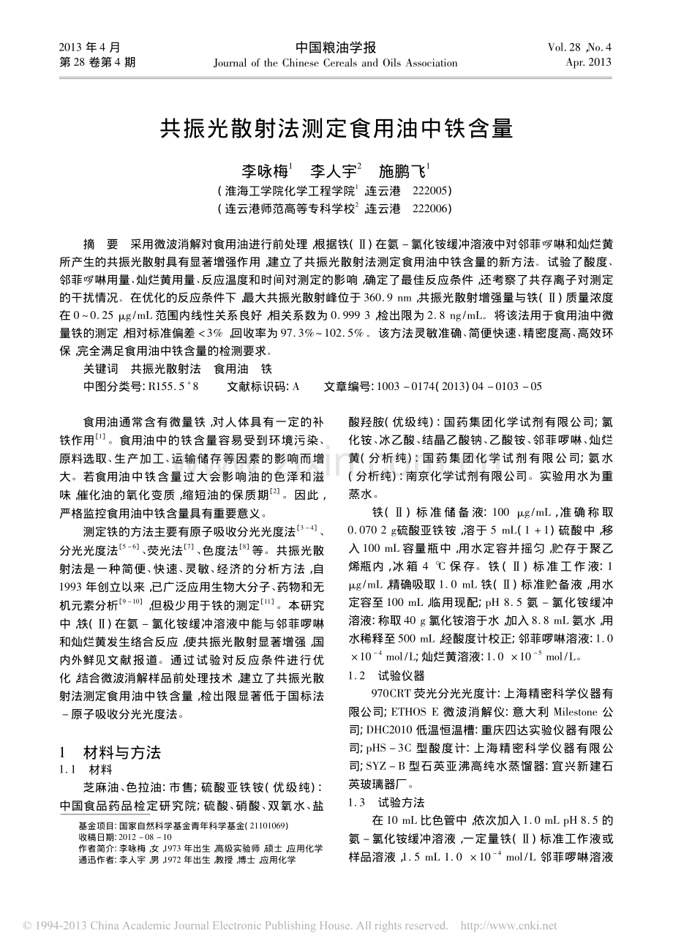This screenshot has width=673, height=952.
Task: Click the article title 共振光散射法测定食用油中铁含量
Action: [x=336, y=129]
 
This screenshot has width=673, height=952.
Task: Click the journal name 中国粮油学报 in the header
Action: [x=336, y=48]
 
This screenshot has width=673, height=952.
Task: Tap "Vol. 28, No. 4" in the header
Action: [x=579, y=48]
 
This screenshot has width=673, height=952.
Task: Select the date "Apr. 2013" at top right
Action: [x=588, y=63]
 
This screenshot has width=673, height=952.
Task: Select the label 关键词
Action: [x=100, y=370]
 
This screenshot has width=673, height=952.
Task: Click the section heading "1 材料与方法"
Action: [x=110, y=752]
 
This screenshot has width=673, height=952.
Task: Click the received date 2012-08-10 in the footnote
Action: [x=146, y=836]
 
